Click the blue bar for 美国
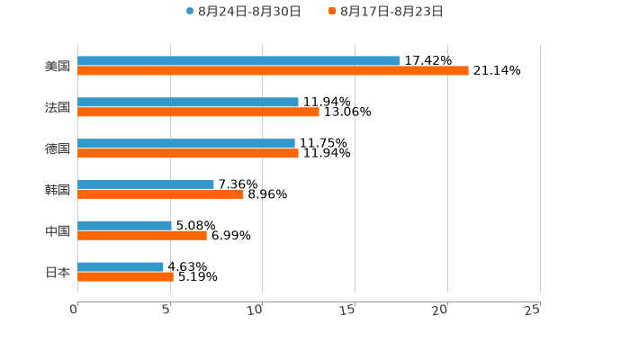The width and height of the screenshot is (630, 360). click(x=238, y=61)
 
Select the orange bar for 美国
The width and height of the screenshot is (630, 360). click(x=273, y=71)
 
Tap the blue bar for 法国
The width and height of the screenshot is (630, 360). click(x=188, y=103)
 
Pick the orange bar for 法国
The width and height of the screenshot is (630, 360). click(x=198, y=112)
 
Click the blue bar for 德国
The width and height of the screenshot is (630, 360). click(x=186, y=144)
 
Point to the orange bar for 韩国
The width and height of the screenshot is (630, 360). click(x=160, y=194)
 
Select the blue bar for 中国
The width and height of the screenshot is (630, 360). click(x=124, y=226)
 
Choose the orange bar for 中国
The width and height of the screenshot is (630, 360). click(x=142, y=236)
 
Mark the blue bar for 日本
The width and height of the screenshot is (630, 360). click(x=121, y=267)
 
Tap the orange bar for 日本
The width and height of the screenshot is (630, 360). click(x=125, y=277)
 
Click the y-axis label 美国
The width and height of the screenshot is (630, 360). click(x=58, y=67)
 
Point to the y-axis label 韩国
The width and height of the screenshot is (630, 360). click(x=58, y=190)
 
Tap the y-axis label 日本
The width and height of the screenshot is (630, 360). click(x=58, y=273)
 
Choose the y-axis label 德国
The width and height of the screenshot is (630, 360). click(x=58, y=148)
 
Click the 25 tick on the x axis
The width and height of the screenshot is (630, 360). click(x=532, y=310)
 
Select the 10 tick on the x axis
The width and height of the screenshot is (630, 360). click(x=255, y=310)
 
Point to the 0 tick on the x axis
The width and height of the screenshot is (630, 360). click(x=75, y=310)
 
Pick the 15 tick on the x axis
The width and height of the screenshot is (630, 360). click(x=347, y=310)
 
